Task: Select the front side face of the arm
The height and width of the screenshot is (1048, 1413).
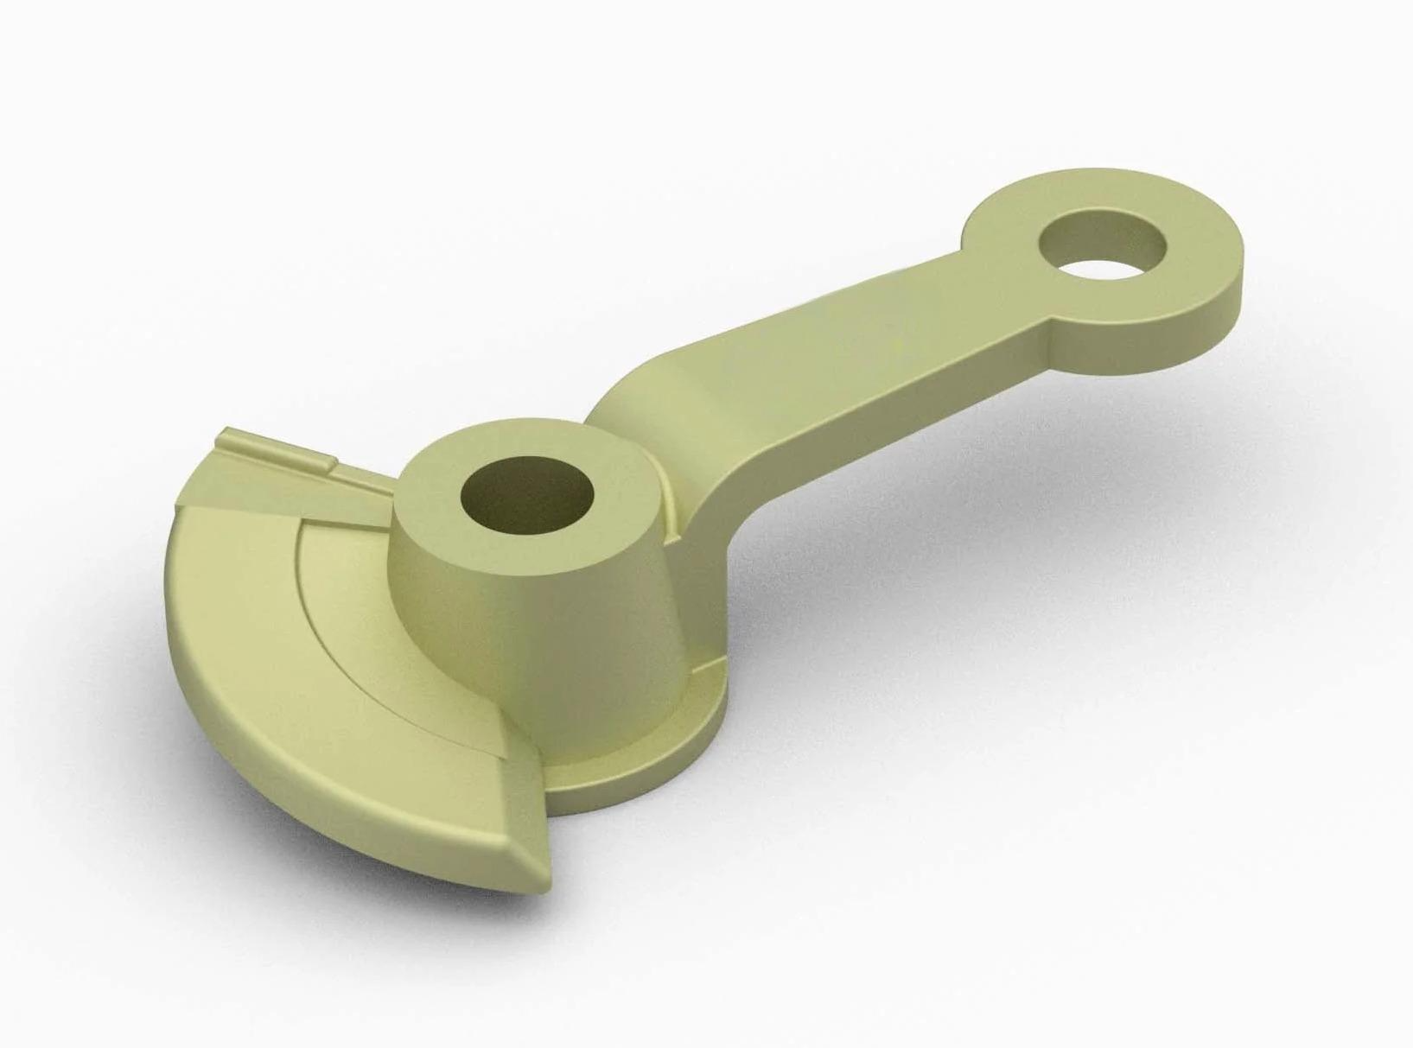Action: (x=864, y=432)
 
